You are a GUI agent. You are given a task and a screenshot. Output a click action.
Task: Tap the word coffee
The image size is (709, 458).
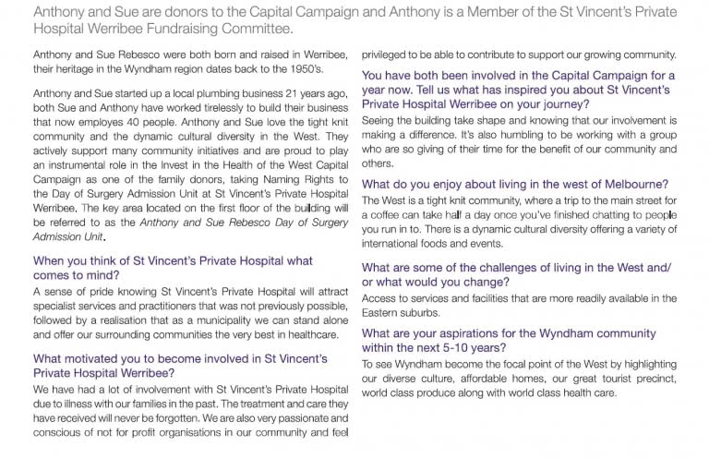(x=395, y=214)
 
